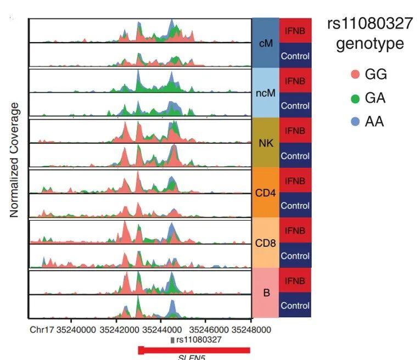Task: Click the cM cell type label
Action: (266, 43)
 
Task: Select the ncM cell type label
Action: (266, 93)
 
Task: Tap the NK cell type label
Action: (266, 143)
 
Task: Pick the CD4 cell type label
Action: (266, 193)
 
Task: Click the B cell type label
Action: (266, 293)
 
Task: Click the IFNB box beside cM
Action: (295, 31)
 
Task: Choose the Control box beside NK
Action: (295, 156)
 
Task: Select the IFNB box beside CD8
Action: (295, 230)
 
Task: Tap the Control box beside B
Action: (295, 305)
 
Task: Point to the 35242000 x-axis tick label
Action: (119, 330)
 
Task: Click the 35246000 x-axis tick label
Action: (209, 330)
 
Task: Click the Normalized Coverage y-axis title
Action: (15, 159)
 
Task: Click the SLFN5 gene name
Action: (192, 358)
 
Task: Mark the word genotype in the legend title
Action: (362, 43)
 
